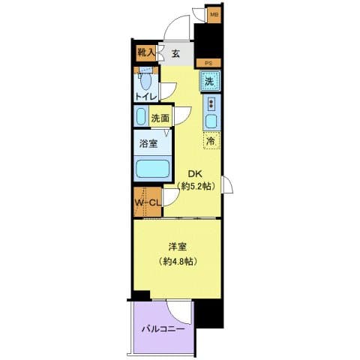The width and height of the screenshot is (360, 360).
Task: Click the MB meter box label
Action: (214, 14)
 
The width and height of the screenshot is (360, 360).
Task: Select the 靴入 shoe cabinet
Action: (146, 53)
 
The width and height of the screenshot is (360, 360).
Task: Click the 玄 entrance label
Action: (175, 53)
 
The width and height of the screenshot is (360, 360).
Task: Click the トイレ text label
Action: (145, 97)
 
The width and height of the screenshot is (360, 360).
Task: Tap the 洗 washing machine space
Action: (210, 80)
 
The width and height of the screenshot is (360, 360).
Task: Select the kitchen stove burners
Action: (211, 103)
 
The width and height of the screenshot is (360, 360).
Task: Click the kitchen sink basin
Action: (211, 121)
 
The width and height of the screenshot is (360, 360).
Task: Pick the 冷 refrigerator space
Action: (211, 140)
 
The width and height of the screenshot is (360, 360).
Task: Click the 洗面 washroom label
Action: (160, 117)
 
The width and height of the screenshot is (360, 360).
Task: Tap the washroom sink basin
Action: (141, 116)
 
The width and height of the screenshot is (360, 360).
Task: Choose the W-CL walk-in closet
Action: (148, 203)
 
